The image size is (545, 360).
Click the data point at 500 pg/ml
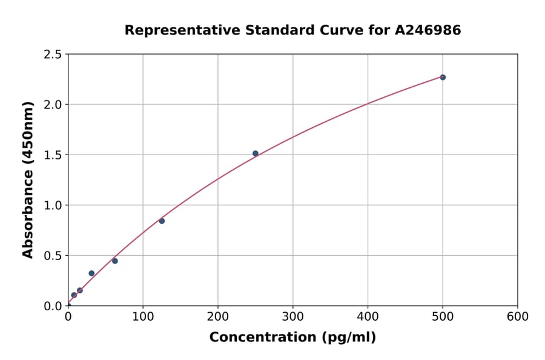pyautogui.click(x=443, y=78)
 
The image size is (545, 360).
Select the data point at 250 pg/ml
pyautogui.click(x=256, y=153)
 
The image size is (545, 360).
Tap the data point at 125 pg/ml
pyautogui.click(x=162, y=221)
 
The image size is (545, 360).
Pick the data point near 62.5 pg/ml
pyautogui.click(x=115, y=261)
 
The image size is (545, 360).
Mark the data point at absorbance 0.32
pyautogui.click(x=91, y=273)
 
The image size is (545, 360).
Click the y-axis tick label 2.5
pyautogui.click(x=53, y=55)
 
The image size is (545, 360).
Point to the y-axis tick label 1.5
pyautogui.click(x=53, y=155)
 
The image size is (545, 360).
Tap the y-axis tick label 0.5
pyautogui.click(x=53, y=256)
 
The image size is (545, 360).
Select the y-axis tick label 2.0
pyautogui.click(x=53, y=105)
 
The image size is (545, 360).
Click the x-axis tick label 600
pyautogui.click(x=518, y=317)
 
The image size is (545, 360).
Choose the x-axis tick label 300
pyautogui.click(x=293, y=317)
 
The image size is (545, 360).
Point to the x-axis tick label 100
pyautogui.click(x=143, y=317)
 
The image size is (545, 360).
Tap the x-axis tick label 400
pyautogui.click(x=368, y=317)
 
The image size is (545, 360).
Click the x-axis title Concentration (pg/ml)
pyautogui.click(x=292, y=338)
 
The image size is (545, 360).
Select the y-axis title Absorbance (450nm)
pyautogui.click(x=28, y=180)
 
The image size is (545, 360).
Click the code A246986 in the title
pyautogui.click(x=428, y=30)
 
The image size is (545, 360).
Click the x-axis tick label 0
pyautogui.click(x=68, y=317)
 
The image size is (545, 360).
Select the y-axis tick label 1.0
pyautogui.click(x=53, y=205)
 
